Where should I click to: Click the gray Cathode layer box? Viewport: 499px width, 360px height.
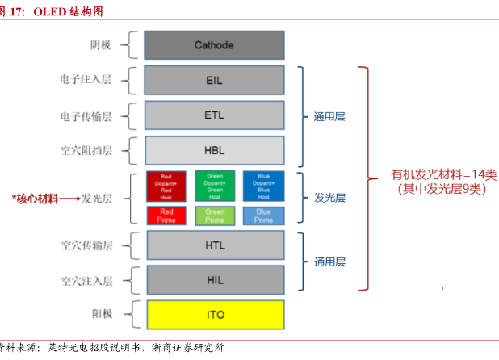click(x=214, y=45)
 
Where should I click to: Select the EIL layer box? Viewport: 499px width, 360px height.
click(x=214, y=81)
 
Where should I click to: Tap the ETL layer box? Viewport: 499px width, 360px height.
click(x=214, y=115)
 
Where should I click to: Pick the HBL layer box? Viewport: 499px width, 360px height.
click(x=214, y=151)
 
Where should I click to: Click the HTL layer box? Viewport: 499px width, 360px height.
click(x=214, y=245)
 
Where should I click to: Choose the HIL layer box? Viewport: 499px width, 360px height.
click(x=214, y=279)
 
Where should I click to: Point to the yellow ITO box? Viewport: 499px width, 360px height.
click(x=214, y=314)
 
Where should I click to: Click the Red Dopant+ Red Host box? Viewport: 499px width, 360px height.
click(x=166, y=186)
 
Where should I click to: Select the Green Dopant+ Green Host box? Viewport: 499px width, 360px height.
click(x=215, y=186)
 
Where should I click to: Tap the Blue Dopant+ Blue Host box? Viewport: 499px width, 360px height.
click(x=263, y=186)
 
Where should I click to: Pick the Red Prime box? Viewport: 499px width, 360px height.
click(x=166, y=216)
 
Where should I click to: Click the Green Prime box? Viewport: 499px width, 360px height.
click(x=215, y=216)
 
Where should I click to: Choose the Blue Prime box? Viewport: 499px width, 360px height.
click(x=263, y=216)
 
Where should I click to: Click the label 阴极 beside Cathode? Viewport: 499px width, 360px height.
click(x=102, y=45)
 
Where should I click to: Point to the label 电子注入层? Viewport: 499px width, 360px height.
click(x=86, y=81)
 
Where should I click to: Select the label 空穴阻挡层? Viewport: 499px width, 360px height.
click(x=86, y=151)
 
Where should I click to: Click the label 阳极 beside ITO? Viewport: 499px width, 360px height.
click(x=102, y=314)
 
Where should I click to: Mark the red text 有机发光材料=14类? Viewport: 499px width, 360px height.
click(x=433, y=174)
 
